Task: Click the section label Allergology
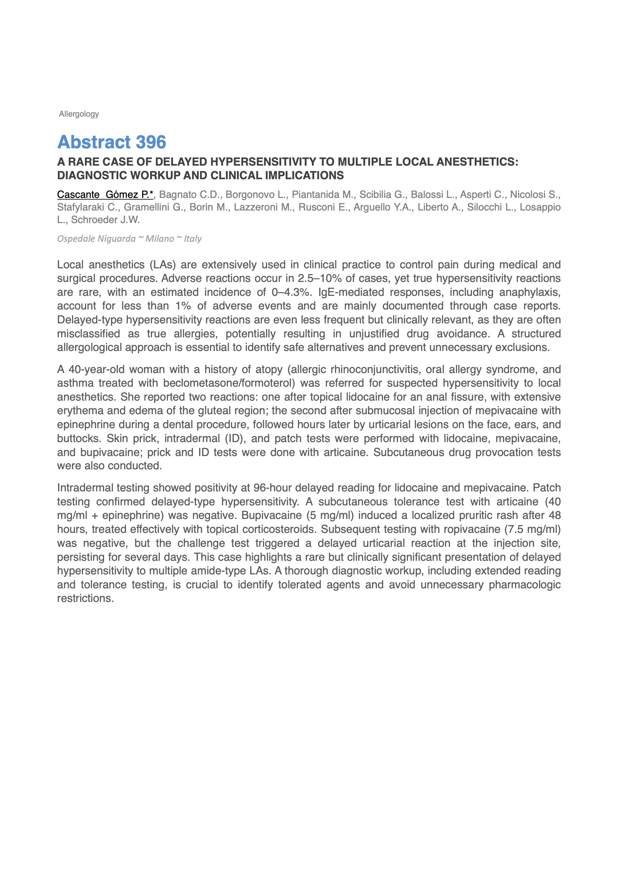pos(79,114)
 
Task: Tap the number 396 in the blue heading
pos(151,142)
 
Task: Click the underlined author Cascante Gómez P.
pos(105,195)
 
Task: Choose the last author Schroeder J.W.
pos(105,220)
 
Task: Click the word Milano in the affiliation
pos(160,239)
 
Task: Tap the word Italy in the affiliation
pos(193,239)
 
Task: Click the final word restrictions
pos(85,598)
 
